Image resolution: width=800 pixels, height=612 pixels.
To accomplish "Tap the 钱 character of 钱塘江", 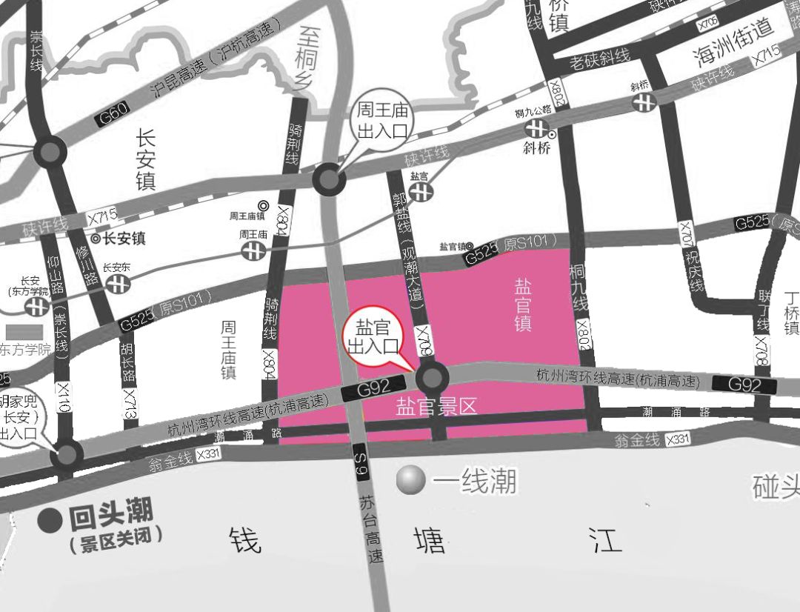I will (245, 540).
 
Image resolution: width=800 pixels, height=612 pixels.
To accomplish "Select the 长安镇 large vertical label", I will (145, 159).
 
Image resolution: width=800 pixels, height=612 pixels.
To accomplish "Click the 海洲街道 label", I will (734, 41).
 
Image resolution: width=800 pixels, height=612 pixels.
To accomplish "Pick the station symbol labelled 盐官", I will (420, 191).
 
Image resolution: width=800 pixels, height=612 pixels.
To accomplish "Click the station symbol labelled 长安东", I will (116, 284).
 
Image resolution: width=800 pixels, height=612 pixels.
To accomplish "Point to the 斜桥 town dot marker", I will (551, 135).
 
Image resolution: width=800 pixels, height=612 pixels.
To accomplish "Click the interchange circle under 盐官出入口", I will (432, 379).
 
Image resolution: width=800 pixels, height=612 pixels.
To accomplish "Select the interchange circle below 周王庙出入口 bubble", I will (328, 179).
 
